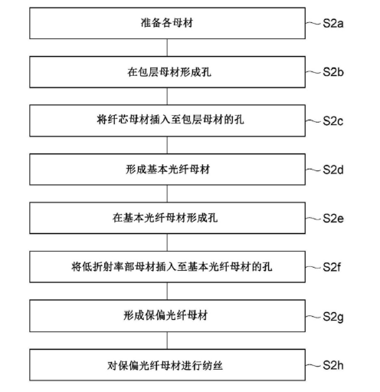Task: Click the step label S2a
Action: [337, 25]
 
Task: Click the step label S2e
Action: [337, 218]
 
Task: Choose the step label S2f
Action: [336, 268]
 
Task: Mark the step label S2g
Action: [337, 316]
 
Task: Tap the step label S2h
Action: [337, 365]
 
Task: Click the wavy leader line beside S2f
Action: [314, 268]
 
